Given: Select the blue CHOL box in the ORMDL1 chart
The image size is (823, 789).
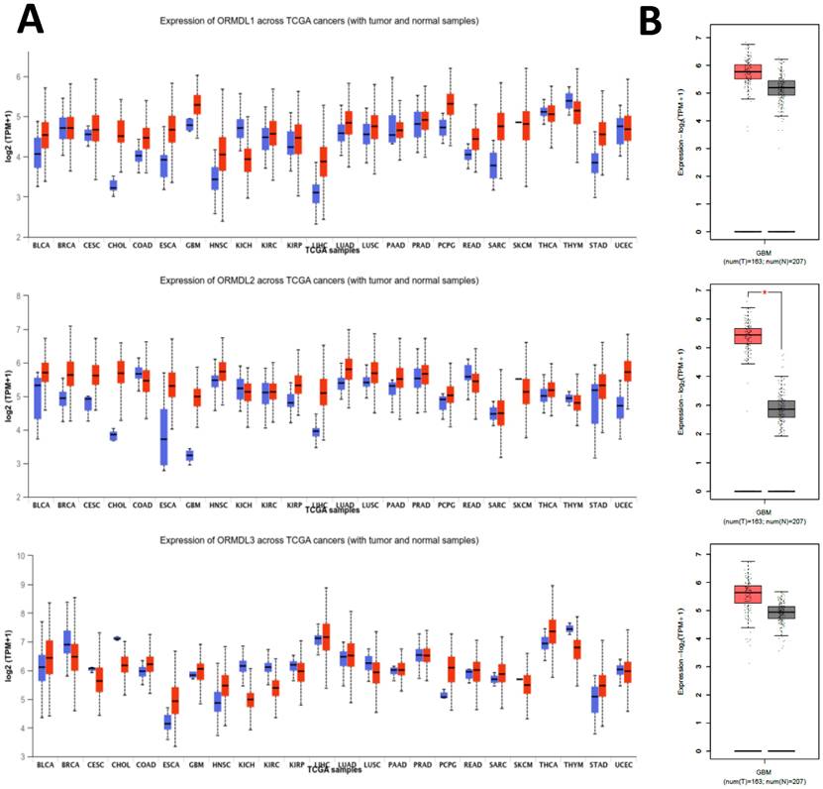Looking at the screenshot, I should click(x=114, y=185).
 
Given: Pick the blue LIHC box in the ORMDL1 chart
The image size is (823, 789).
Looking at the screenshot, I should click(x=315, y=193).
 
